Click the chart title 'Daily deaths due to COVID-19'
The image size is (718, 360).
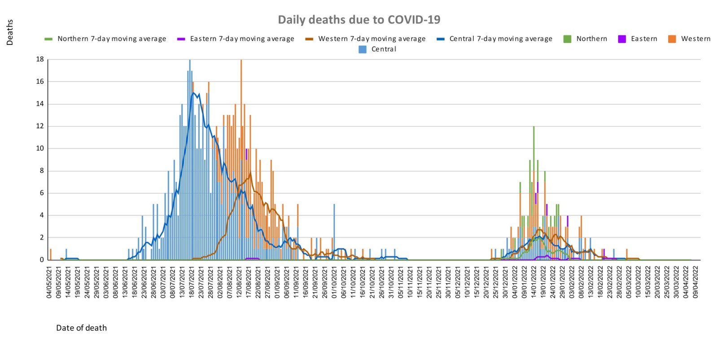(359, 20)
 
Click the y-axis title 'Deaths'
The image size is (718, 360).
(10, 32)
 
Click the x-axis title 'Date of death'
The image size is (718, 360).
(81, 328)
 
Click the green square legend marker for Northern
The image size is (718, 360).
(567, 39)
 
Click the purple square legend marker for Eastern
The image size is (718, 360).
(622, 39)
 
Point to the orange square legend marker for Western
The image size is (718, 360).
(672, 39)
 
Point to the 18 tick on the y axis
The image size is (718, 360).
(40, 59)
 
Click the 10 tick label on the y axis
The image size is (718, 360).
(40, 149)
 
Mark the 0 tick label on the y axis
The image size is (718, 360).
(42, 260)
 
